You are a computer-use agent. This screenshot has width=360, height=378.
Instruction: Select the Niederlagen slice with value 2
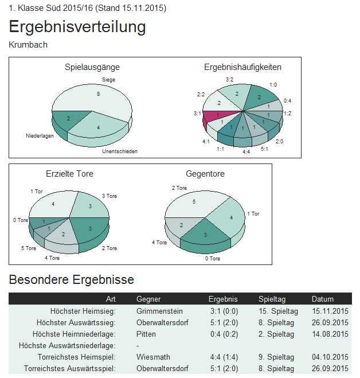(68, 119)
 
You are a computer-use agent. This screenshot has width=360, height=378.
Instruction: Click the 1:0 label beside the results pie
(273, 84)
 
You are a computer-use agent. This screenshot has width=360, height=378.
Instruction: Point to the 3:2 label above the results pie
(229, 79)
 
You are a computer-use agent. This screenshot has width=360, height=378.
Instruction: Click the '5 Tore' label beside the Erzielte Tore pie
(29, 248)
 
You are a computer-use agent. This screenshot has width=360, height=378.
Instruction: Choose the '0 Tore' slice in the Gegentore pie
(205, 236)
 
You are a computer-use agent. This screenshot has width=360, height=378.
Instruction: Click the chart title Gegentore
(205, 173)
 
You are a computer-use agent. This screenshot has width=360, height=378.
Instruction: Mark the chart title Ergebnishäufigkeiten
(242, 67)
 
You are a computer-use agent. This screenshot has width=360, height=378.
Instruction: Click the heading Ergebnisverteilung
(77, 27)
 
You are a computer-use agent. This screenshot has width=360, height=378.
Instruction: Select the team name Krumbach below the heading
(28, 45)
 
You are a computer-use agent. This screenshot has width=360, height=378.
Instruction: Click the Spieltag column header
(272, 299)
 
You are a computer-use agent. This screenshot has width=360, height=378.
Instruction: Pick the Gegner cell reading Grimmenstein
(159, 311)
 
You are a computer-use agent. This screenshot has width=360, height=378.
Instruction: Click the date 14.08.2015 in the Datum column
(330, 334)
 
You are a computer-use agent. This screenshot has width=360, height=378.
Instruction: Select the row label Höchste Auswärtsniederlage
(67, 345)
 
